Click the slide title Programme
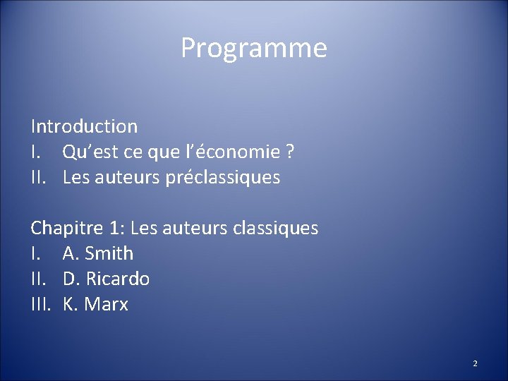tap(254, 49)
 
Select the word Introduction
tap(84, 127)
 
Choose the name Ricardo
tap(118, 279)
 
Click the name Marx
tap(107, 305)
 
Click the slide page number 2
tap(475, 363)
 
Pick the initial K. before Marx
tap(71, 305)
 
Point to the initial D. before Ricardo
tap(71, 279)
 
